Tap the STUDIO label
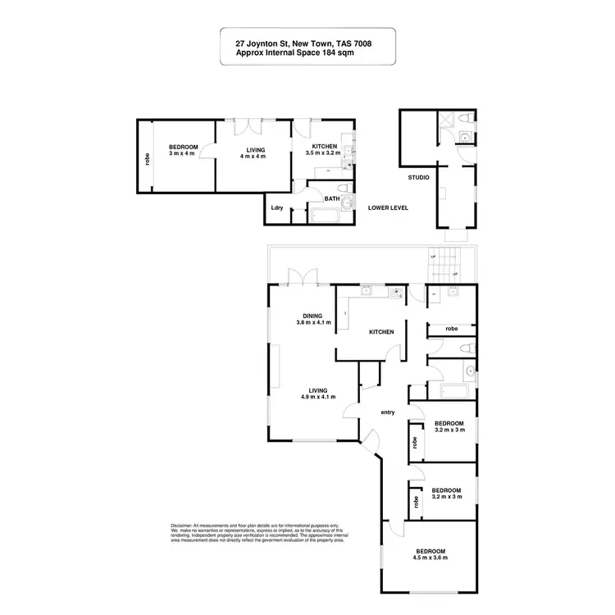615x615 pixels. click(419, 177)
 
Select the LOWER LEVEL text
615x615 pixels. click(389, 207)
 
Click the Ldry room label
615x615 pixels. click(277, 208)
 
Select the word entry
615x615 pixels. click(388, 412)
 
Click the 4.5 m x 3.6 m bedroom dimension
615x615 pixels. click(430, 558)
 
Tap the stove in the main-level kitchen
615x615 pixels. click(398, 291)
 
